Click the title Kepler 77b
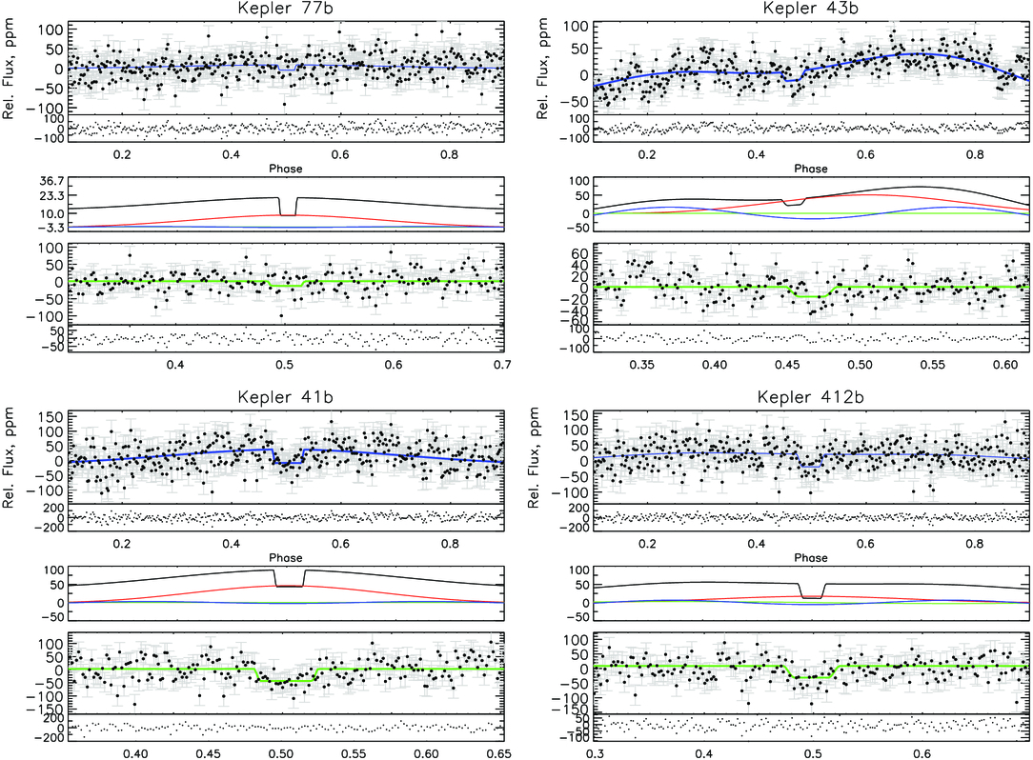[285, 9]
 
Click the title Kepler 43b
[810, 9]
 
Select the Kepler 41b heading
[285, 398]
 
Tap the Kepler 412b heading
[810, 398]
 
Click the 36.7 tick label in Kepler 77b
[52, 181]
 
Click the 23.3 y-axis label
[52, 196]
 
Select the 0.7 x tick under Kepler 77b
[502, 364]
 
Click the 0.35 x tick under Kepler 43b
[641, 364]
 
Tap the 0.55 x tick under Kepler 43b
[932, 364]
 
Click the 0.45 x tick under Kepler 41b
[208, 753]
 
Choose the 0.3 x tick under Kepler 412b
[595, 753]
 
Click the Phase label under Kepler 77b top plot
[285, 169]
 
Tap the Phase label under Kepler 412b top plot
[810, 558]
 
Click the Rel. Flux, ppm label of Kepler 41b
[9, 457]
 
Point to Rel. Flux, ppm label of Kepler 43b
[542, 69]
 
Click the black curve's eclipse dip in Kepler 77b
[288, 214]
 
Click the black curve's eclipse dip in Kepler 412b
[811, 597]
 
